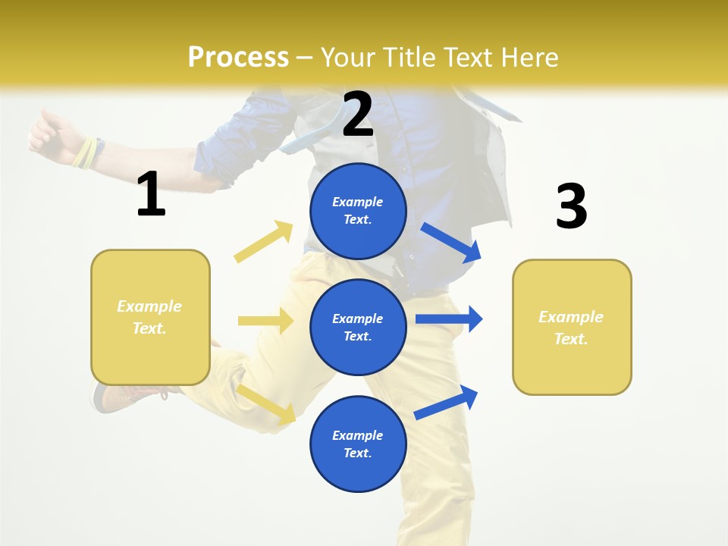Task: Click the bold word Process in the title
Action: coord(238,57)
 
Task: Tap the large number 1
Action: coord(151,195)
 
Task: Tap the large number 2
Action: coord(358,115)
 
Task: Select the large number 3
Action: coord(571,207)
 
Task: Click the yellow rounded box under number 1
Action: coord(150,317)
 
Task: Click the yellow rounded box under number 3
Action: coord(572,327)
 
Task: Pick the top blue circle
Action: coord(358,211)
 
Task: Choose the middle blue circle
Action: coord(358,327)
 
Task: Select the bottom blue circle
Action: coord(358,444)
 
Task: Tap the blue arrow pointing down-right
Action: coord(451,243)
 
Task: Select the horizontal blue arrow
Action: coord(448,318)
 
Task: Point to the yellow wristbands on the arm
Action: coord(86,153)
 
